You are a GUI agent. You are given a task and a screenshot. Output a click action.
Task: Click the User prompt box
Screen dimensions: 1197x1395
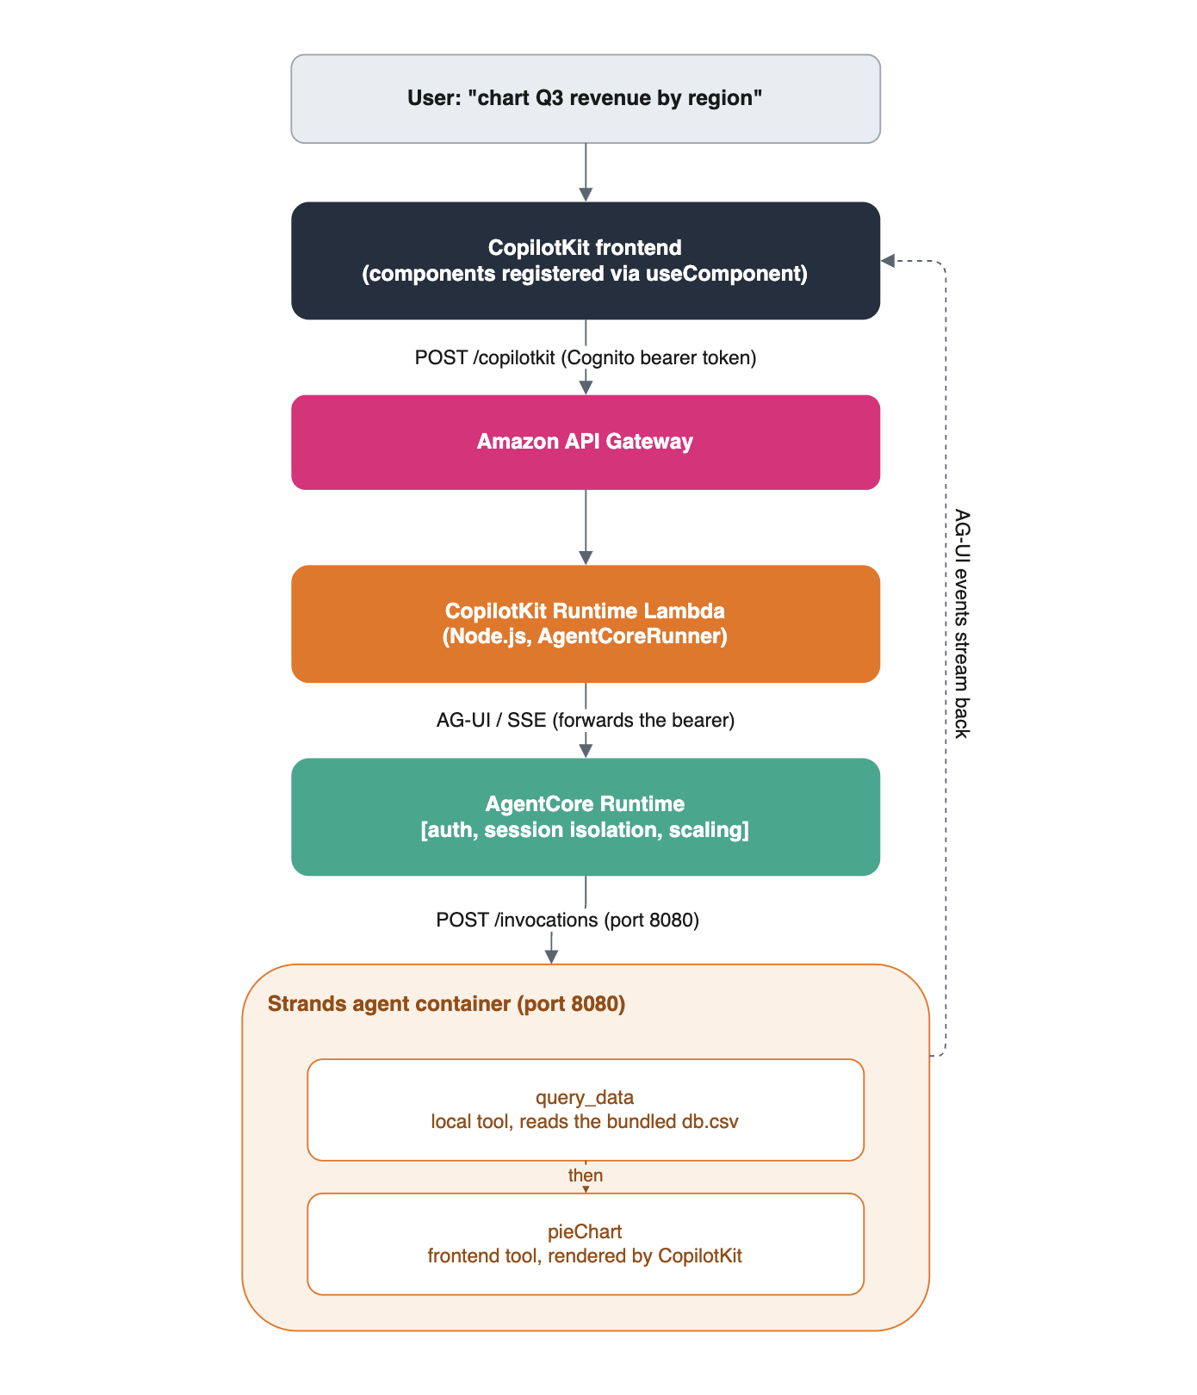[586, 99]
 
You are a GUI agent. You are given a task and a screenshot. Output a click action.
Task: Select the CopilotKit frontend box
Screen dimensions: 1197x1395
[586, 261]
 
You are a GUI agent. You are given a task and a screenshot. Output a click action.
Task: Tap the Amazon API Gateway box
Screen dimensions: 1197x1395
[586, 443]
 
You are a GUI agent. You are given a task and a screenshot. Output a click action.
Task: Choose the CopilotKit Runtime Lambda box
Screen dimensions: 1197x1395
[586, 624]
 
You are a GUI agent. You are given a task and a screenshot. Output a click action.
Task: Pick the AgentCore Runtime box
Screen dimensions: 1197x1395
[586, 817]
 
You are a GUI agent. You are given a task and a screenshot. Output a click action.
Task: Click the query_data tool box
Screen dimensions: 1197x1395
[586, 1110]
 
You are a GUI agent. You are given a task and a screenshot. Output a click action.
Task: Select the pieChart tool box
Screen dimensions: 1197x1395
[586, 1244]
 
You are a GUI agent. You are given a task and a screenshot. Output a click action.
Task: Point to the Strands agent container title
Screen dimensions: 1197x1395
[446, 1004]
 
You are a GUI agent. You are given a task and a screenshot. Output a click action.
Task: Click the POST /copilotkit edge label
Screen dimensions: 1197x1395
[586, 357]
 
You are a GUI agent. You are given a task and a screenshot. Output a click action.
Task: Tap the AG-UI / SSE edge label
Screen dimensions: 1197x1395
[586, 720]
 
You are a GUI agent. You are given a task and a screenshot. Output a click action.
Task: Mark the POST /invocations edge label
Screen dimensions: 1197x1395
[567, 921]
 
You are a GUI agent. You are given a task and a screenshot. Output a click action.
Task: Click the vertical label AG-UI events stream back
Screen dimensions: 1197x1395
[962, 624]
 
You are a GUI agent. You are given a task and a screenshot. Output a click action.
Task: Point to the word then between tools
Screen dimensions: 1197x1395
[586, 1175]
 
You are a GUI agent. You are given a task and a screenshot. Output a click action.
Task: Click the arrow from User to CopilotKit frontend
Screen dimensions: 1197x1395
[586, 172]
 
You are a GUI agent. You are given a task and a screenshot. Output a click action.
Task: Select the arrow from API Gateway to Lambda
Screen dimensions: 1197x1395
[586, 528]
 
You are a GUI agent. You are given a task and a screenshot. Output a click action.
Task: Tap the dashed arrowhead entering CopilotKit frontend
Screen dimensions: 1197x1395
[888, 261]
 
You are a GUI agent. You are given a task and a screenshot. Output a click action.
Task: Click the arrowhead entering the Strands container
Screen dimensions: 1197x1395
[552, 957]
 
